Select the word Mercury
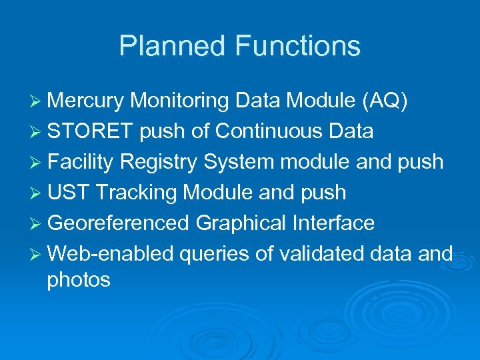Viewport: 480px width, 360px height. [85, 101]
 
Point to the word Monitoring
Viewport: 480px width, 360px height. [181, 101]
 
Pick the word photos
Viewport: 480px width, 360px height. [78, 280]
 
